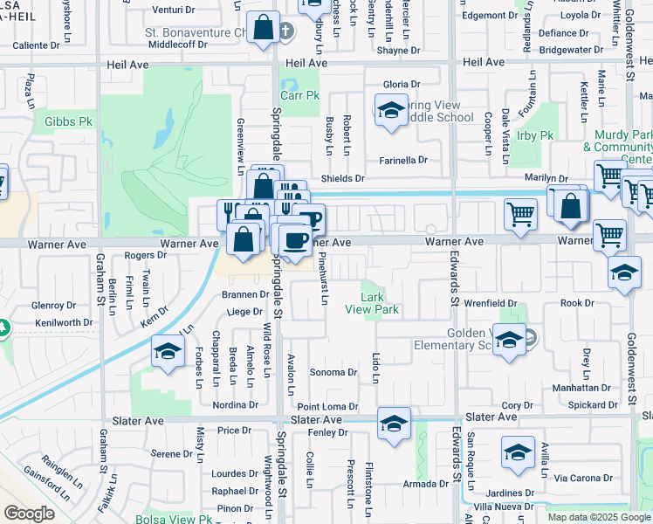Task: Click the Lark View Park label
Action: click(372, 303)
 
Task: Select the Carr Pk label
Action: click(299, 95)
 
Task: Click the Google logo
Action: click(29, 514)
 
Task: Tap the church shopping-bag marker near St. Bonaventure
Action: click(263, 28)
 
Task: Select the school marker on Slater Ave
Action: click(394, 424)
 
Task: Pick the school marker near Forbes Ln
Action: click(166, 352)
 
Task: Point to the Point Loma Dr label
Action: click(327, 407)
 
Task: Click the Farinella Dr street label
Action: click(402, 160)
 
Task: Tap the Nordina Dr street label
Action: click(235, 405)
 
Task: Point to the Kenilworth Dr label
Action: click(64, 322)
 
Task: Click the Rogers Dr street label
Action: click(145, 255)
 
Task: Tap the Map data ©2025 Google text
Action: click(598, 517)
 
